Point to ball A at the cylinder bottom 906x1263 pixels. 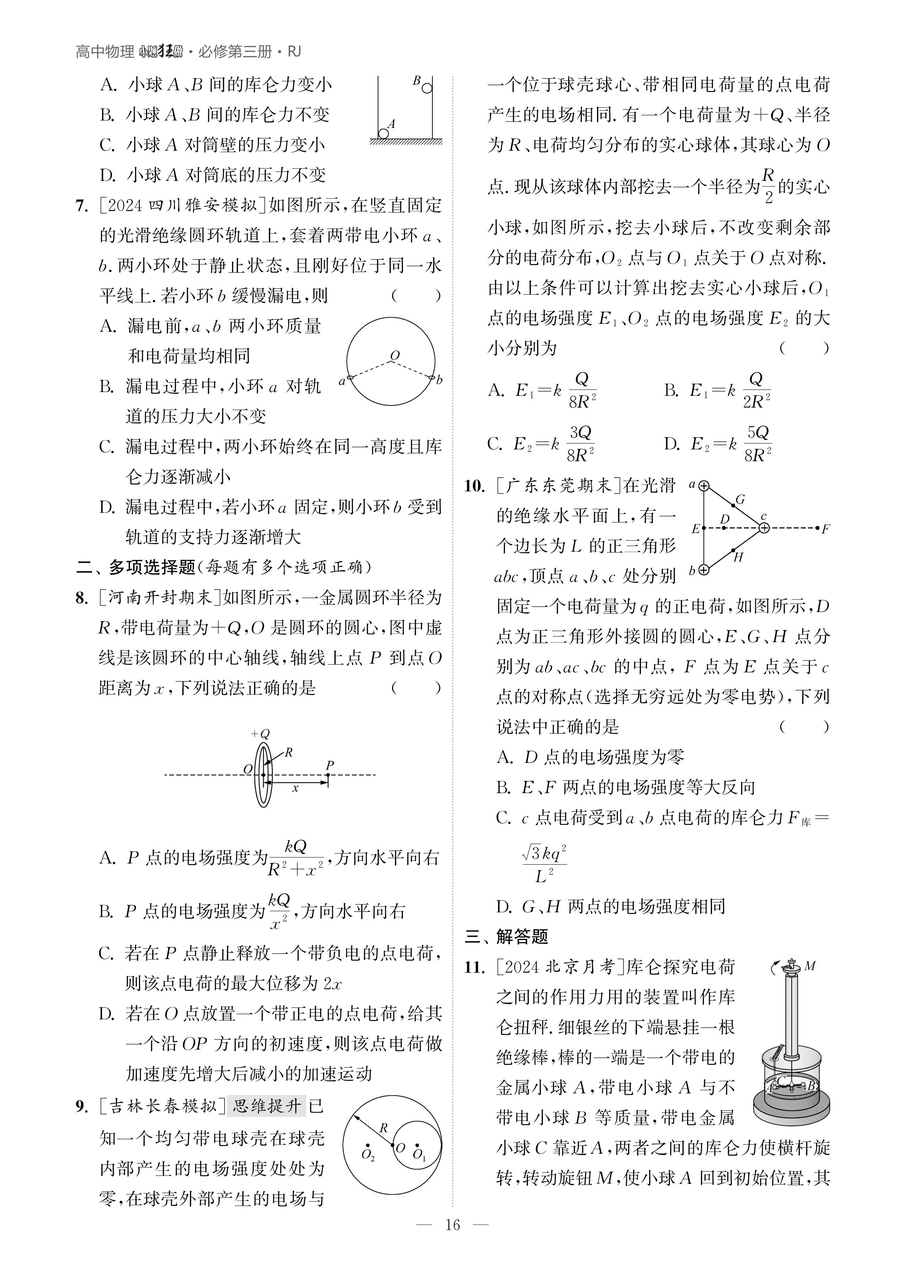(x=383, y=134)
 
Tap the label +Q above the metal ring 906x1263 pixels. (x=260, y=733)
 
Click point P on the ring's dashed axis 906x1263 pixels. (x=329, y=775)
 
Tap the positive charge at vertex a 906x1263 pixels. (x=705, y=486)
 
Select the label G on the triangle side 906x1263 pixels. (x=740, y=500)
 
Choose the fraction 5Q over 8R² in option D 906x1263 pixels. (x=758, y=444)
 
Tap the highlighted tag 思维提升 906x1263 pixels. (x=267, y=1106)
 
